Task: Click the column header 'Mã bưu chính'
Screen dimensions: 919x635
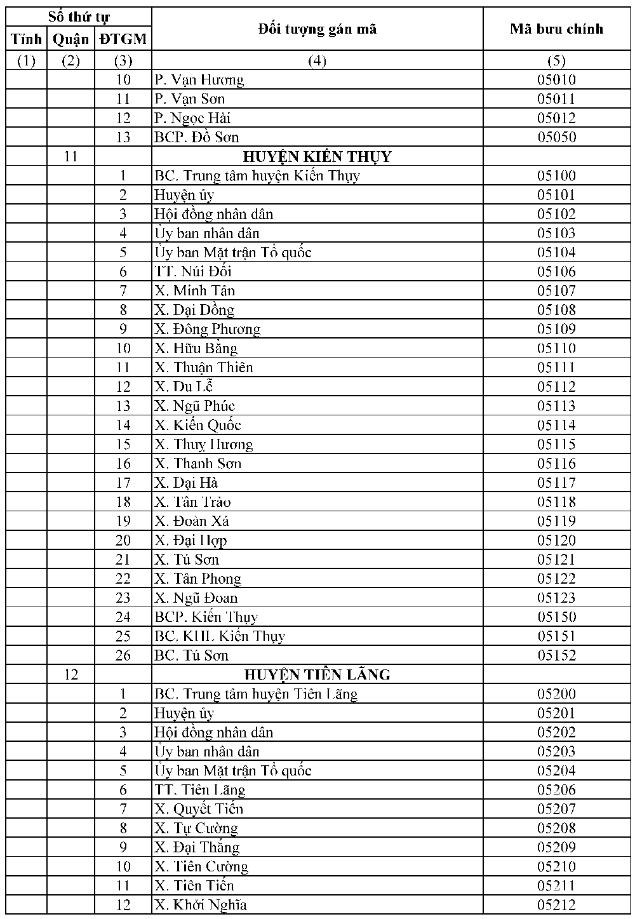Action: (x=556, y=29)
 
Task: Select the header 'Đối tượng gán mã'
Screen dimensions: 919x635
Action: (x=317, y=29)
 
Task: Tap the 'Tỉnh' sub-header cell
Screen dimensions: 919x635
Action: (x=26, y=39)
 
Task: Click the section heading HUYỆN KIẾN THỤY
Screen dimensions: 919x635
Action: (x=317, y=156)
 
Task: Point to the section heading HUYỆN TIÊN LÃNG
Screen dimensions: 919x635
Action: (x=317, y=674)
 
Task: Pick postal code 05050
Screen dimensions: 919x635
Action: (x=556, y=137)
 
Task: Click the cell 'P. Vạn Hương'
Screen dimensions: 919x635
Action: (x=199, y=79)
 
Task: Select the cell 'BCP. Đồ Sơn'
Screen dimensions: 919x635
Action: (x=196, y=137)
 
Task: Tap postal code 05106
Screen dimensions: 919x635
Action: (x=556, y=272)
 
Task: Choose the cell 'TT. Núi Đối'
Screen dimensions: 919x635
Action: (x=192, y=272)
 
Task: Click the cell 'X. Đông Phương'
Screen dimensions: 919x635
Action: (x=207, y=329)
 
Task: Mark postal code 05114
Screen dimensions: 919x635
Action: (x=556, y=425)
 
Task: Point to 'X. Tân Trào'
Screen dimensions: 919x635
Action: (x=192, y=502)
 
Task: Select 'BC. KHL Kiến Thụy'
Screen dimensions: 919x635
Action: (x=219, y=636)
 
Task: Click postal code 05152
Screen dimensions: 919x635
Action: (x=556, y=655)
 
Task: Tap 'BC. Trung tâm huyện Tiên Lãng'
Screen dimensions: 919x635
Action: (x=255, y=694)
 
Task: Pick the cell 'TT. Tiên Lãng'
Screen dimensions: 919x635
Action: (x=199, y=790)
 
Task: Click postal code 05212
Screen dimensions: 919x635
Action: (x=556, y=905)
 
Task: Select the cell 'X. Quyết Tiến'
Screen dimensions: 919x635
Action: (x=198, y=809)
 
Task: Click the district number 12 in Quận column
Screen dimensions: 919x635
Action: (x=70, y=674)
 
